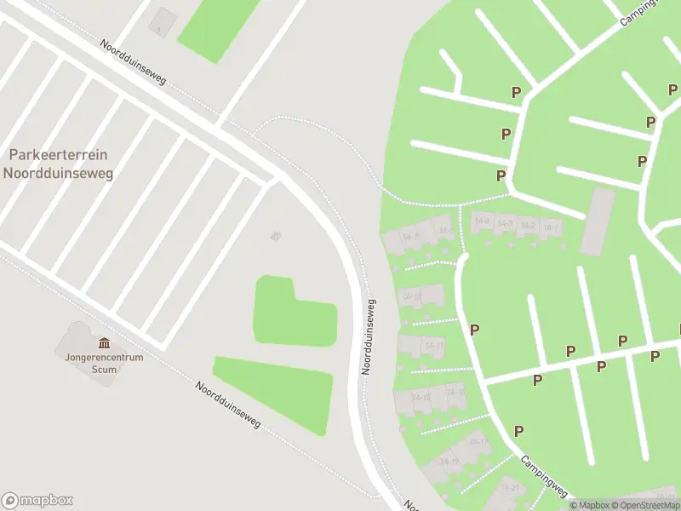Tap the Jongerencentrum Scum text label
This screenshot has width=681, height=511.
[x=104, y=362]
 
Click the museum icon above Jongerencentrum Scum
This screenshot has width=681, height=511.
[x=104, y=342]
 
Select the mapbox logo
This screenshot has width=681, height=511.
[x=37, y=500]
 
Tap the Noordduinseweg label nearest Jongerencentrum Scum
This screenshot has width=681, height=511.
[x=227, y=404]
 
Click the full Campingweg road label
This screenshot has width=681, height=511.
[x=545, y=475]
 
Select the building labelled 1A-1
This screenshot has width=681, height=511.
[x=551, y=227]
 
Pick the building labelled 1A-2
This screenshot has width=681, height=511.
[x=528, y=226]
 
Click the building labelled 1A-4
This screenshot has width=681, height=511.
[x=483, y=221]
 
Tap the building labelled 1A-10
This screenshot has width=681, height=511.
[x=413, y=296]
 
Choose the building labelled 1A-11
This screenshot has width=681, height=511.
[x=434, y=345]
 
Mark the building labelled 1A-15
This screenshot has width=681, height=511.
[x=421, y=398]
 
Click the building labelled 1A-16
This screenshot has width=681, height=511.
[x=455, y=393]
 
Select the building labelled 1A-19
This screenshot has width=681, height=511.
[x=449, y=462]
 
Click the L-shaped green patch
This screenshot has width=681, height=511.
[x=294, y=313]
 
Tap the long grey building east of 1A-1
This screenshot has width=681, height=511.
[x=598, y=221]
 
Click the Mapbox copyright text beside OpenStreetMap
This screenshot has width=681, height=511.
[x=590, y=505]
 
